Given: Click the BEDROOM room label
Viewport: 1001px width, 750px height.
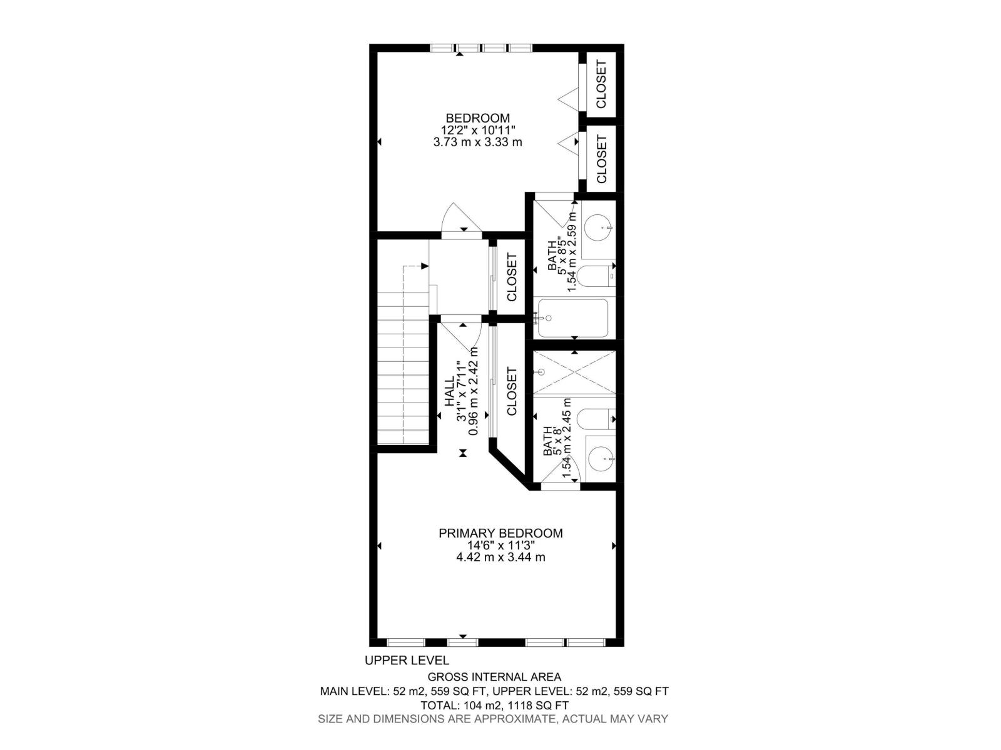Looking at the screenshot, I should point(477,117).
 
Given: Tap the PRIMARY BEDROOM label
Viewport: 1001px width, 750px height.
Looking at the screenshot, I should point(500,533).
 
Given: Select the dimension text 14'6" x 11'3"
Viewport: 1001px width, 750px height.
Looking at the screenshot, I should point(500,545).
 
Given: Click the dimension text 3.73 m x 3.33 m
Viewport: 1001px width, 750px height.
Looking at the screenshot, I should point(477,142).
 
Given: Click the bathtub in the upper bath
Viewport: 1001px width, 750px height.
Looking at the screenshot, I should point(573,318).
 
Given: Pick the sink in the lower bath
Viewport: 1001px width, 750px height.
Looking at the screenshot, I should point(601,460).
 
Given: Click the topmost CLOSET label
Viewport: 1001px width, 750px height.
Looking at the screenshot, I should point(601,84).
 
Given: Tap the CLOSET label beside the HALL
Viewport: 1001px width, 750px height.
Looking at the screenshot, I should point(512,392).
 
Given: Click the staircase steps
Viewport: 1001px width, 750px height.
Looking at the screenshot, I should point(403,369).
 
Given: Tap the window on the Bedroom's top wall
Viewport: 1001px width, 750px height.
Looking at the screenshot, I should point(480,48).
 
